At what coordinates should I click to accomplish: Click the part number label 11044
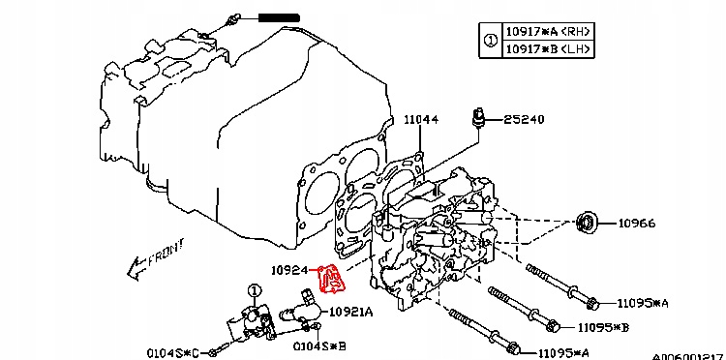421,119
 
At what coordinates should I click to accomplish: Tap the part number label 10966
638,224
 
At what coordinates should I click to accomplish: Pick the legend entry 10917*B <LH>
548,48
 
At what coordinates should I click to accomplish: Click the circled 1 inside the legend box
490,40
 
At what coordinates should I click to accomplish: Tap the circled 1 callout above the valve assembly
255,290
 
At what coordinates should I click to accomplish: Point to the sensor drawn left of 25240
475,119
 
